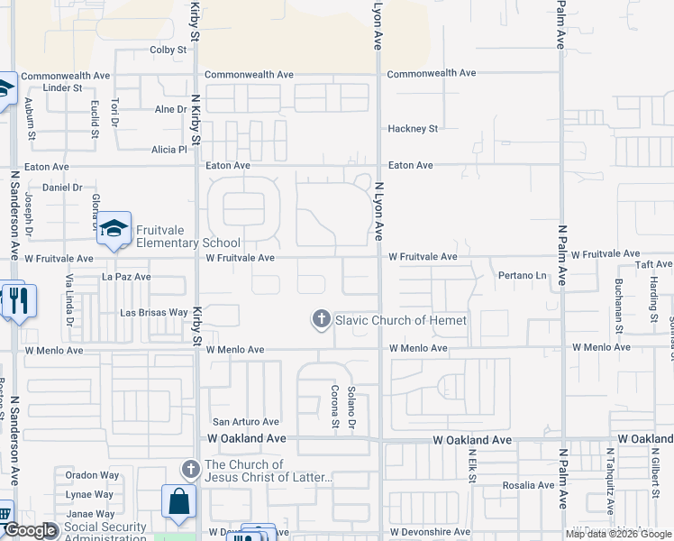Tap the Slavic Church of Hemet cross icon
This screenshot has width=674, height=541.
pyautogui.click(x=321, y=319)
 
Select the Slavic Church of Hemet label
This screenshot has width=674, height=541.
pyautogui.click(x=401, y=320)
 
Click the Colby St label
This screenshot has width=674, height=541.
pyautogui.click(x=167, y=50)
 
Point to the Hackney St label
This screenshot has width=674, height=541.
pyautogui.click(x=413, y=129)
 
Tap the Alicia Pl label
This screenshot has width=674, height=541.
pyautogui.click(x=168, y=150)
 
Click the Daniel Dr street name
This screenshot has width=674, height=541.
pyautogui.click(x=63, y=188)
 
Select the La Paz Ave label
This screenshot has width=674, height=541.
pyautogui.click(x=126, y=277)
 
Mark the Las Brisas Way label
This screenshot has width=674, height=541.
pyautogui.click(x=154, y=313)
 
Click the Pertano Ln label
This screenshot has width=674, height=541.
pyautogui.click(x=523, y=275)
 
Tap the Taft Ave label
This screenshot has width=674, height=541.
pyautogui.click(x=653, y=264)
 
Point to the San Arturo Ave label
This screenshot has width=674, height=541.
pyautogui.click(x=245, y=421)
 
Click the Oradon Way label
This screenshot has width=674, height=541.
pyautogui.click(x=91, y=476)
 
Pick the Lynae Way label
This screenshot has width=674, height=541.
pyautogui.click(x=89, y=494)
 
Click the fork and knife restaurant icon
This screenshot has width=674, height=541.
pyautogui.click(x=19, y=301)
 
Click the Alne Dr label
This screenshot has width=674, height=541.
pyautogui.click(x=169, y=109)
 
